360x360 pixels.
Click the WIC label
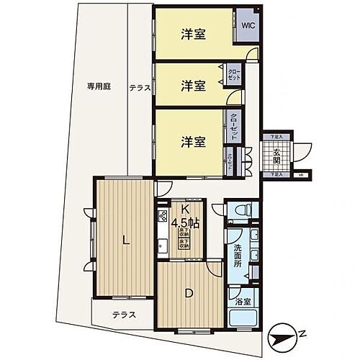pyautogui.click(x=247, y=24)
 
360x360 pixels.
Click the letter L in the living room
pyautogui.click(x=126, y=242)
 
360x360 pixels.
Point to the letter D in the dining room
pyautogui.click(x=189, y=293)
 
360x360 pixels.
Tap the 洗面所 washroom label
pyautogui.click(x=237, y=257)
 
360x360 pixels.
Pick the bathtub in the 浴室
pyautogui.click(x=242, y=318)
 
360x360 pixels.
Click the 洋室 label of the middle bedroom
pyautogui.click(x=193, y=85)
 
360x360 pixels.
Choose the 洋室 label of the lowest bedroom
pyautogui.click(x=193, y=141)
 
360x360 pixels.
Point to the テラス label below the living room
pyautogui.click(x=124, y=314)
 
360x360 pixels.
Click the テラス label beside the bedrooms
pyautogui.click(x=140, y=88)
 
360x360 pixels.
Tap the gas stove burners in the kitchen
pyautogui.click(x=162, y=214)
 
